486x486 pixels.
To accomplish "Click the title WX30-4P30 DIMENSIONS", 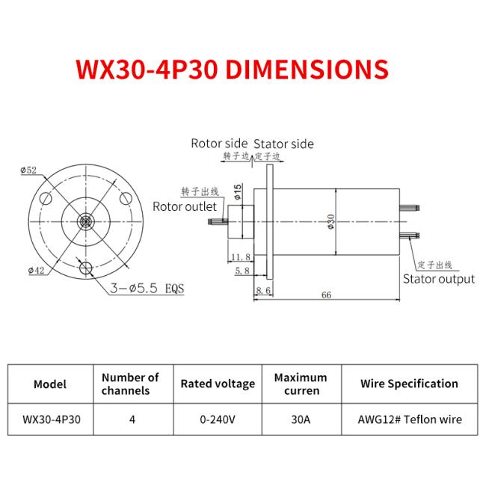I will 232,69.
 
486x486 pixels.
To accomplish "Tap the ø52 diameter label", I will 30,170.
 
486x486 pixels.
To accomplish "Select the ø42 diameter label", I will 34,271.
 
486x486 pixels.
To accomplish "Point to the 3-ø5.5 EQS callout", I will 146,287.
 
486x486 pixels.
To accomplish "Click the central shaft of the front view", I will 85,222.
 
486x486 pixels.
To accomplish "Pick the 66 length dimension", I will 326,295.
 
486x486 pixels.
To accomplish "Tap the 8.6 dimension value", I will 263,289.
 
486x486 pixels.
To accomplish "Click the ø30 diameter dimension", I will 330,222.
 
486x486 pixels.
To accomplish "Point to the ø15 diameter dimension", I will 237,191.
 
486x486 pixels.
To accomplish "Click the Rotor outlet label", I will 185,206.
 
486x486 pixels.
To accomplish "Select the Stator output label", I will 438,279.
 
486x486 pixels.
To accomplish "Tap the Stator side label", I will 283,144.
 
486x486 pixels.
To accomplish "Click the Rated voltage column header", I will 218,384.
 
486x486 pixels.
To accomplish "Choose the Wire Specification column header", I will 409,384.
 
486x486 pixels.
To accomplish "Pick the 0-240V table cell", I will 218,419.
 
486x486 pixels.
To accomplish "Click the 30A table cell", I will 301,419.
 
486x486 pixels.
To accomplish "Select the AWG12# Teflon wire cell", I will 409,419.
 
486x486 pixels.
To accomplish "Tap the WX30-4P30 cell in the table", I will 50,419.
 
